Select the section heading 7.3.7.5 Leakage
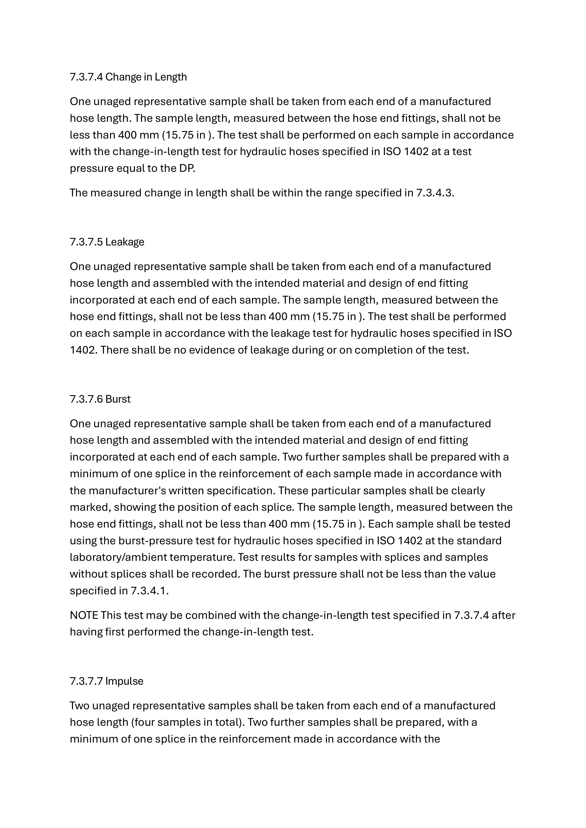point(107,242)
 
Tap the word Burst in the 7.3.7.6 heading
point(118,399)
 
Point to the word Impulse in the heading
point(124,681)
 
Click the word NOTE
point(84,615)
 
